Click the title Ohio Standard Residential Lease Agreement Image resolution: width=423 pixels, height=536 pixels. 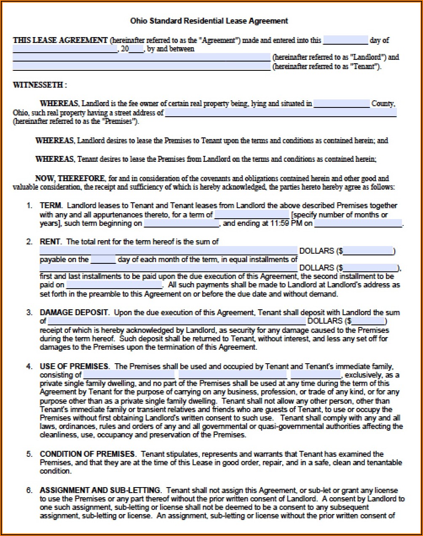(209, 21)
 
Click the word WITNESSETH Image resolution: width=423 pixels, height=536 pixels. (38, 85)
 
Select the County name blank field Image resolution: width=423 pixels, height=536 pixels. (341, 104)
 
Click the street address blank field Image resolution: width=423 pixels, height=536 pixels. (281, 113)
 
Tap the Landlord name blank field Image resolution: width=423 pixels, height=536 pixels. (141, 57)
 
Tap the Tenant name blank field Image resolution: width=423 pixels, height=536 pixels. (141, 67)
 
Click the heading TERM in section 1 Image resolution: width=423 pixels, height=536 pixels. (51, 206)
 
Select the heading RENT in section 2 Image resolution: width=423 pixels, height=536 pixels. (50, 242)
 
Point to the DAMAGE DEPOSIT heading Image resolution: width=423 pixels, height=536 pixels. (74, 313)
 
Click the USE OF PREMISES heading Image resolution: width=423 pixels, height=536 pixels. (74, 367)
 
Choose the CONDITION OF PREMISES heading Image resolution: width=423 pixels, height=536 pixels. (88, 454)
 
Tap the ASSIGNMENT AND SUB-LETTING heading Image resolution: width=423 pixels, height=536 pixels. (100, 490)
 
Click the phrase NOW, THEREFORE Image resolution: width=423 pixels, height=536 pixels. (70, 179)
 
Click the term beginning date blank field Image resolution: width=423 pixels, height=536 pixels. (181, 224)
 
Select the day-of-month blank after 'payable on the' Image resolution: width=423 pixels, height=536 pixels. (103, 260)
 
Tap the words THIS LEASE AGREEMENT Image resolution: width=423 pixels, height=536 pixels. (60, 40)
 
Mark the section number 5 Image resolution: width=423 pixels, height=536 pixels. (29, 454)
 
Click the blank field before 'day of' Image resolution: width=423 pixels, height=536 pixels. (345, 40)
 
